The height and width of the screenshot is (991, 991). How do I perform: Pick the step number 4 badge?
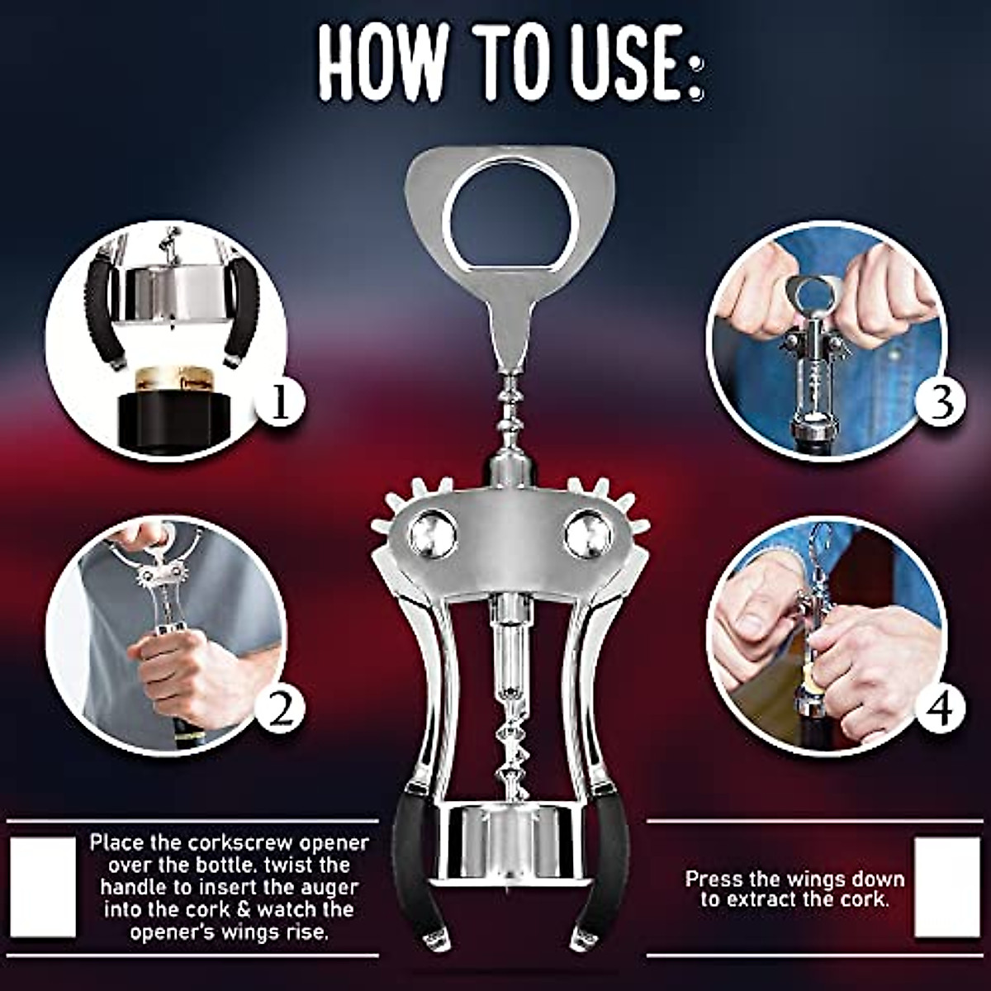tap(941, 708)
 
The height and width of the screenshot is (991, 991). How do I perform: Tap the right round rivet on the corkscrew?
tap(588, 534)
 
